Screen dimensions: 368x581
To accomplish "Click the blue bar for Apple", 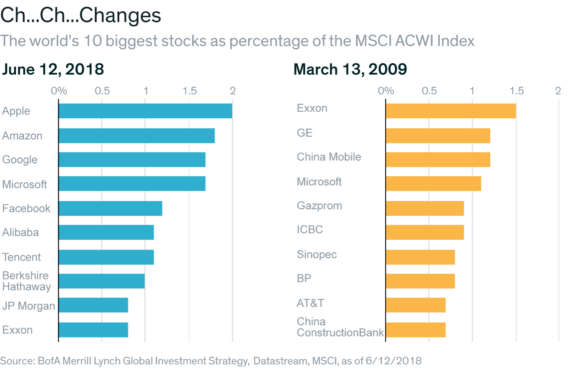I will tap(145, 111).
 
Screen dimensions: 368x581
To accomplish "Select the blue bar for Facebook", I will tap(110, 209).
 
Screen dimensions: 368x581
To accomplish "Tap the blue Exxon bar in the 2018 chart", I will tap(93, 330).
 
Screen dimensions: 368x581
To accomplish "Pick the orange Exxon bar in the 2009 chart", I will tap(451, 111).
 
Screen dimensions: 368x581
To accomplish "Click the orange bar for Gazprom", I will tap(424, 209).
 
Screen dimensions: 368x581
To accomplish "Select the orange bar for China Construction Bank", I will tap(415, 330).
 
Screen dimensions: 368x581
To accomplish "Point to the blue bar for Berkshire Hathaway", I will tap(102, 281).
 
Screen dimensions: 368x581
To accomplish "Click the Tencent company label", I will tap(21, 257).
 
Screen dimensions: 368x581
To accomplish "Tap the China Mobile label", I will tap(329, 157).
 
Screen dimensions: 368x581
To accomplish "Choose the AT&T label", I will tap(310, 303).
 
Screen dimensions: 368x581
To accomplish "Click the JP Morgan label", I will tap(28, 306).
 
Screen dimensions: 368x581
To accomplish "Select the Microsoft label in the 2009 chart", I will tap(319, 181).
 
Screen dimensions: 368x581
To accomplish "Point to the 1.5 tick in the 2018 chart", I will tap(189, 91).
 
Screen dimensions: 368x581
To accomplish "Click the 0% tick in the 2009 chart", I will tap(386, 91).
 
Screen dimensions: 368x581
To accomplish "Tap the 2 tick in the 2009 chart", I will tap(558, 91).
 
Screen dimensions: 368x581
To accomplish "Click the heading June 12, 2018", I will tap(53, 69).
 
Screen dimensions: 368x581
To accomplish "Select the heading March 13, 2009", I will tap(350, 69).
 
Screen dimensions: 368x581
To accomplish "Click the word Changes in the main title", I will tap(120, 16).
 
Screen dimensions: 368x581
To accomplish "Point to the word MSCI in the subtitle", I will tap(373, 41).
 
